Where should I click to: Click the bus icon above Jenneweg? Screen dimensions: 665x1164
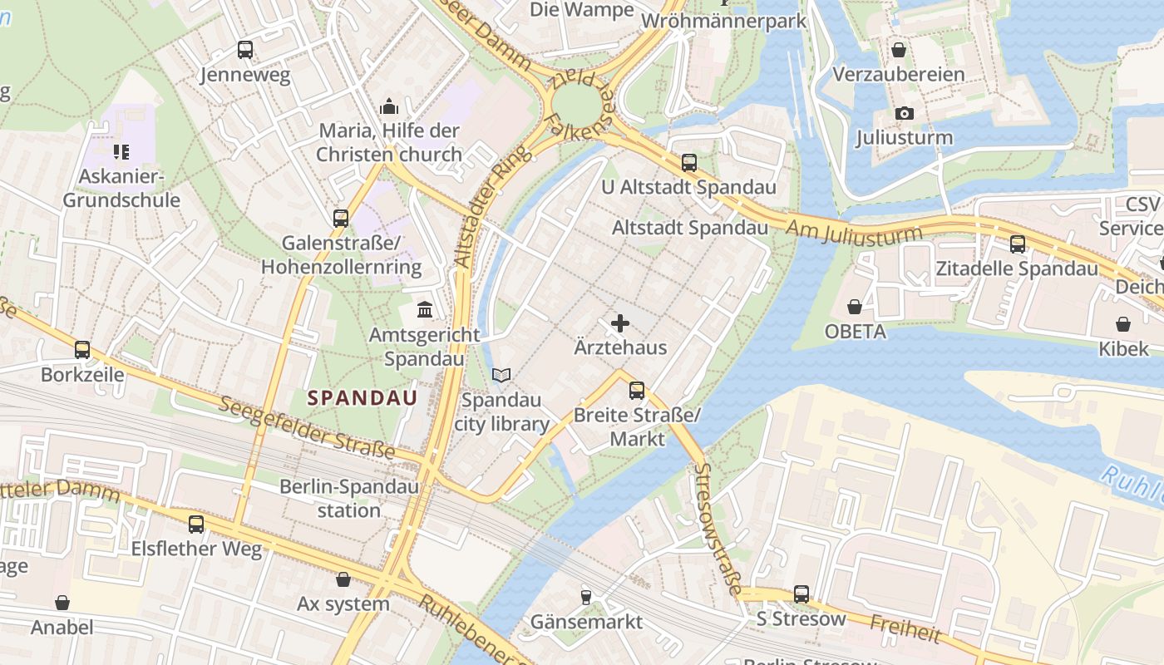pyautogui.click(x=244, y=50)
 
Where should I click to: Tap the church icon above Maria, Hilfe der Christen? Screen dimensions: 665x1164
pyautogui.click(x=388, y=106)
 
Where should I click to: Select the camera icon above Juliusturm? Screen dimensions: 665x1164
pyautogui.click(x=905, y=113)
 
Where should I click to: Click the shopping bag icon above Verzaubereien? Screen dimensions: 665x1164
pyautogui.click(x=899, y=50)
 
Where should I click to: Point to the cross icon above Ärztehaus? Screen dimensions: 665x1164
pyautogui.click(x=620, y=323)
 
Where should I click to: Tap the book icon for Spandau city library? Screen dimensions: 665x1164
pyautogui.click(x=501, y=376)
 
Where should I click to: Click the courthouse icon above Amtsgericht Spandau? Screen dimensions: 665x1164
pyautogui.click(x=425, y=310)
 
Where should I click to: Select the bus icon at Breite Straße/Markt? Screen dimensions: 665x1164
pyautogui.click(x=637, y=390)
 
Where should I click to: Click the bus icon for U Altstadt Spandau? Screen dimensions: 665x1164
pyautogui.click(x=689, y=163)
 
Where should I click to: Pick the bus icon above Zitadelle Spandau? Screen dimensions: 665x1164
pyautogui.click(x=1018, y=244)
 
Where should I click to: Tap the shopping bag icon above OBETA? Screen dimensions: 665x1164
pyautogui.click(x=854, y=308)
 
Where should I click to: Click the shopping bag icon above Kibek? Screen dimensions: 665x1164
pyautogui.click(x=1123, y=324)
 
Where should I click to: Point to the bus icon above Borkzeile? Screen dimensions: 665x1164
pyautogui.click(x=82, y=350)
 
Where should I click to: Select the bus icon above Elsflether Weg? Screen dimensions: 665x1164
pyautogui.click(x=196, y=525)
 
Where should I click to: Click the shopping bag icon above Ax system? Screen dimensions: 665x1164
pyautogui.click(x=343, y=579)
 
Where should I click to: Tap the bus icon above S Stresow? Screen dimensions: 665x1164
pyautogui.click(x=801, y=594)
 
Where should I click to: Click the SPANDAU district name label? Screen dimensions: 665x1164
pyautogui.click(x=363, y=398)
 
